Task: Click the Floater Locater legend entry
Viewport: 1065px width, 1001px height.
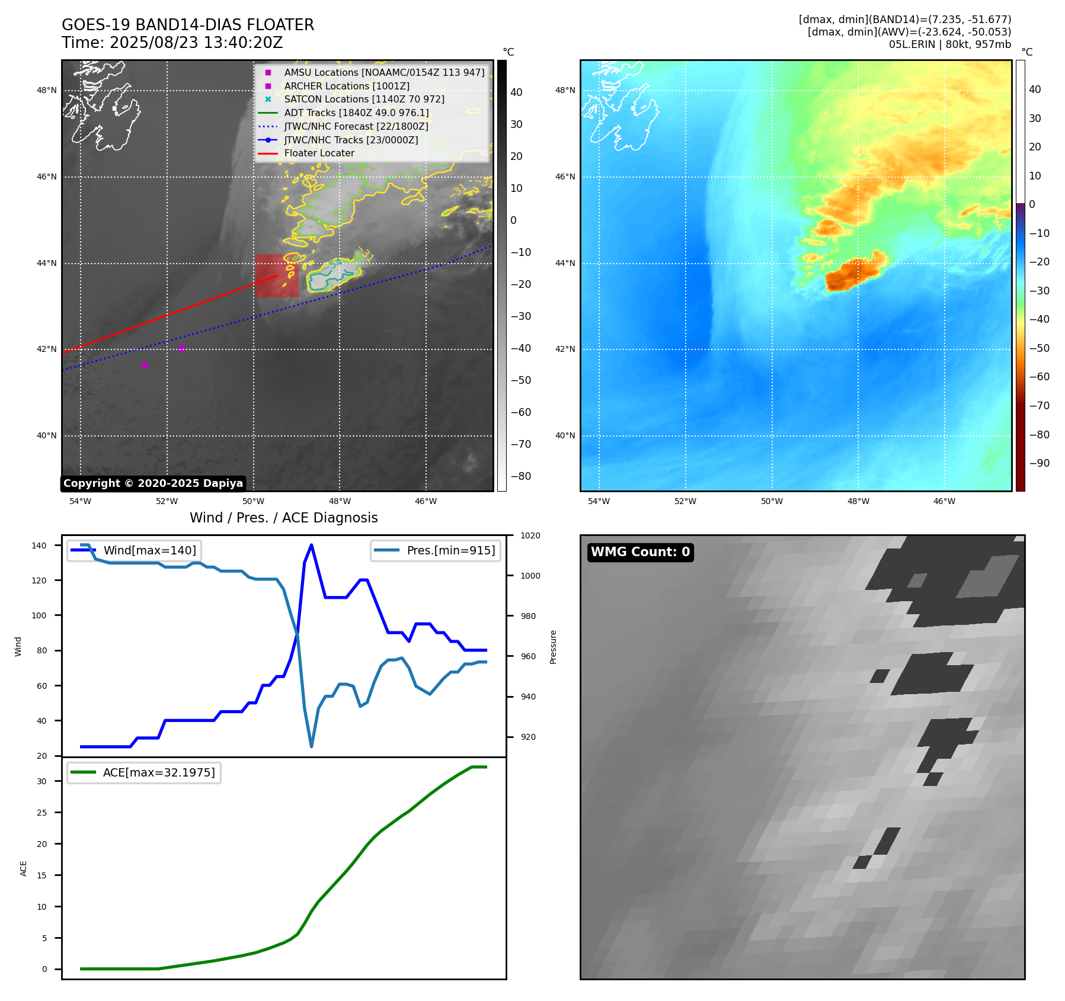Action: tap(319, 153)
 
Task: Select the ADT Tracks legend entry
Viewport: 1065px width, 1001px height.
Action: tap(356, 113)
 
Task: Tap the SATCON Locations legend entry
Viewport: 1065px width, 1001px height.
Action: tap(364, 100)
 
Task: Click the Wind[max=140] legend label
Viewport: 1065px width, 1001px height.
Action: tap(149, 550)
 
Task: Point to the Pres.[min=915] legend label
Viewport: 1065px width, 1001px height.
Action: tap(450, 550)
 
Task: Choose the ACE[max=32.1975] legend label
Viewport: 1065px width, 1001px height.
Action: tap(159, 772)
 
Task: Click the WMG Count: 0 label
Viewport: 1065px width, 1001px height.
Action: tap(640, 552)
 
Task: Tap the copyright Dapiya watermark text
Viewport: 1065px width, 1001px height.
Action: tap(153, 483)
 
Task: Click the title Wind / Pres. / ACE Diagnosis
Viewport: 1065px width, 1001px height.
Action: tap(283, 518)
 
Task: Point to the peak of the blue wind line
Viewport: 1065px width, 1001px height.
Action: tap(311, 545)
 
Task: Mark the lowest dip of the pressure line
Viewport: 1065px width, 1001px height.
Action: tap(311, 746)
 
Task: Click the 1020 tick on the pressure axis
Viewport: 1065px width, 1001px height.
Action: tap(530, 535)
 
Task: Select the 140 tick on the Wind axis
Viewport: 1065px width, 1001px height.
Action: tap(39, 546)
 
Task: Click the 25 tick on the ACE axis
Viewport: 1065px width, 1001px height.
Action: tap(41, 813)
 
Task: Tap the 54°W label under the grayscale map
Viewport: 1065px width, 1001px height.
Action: tap(81, 501)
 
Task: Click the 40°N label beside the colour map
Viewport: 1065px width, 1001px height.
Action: tap(565, 435)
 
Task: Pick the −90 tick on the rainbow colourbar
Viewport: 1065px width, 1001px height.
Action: tap(1039, 463)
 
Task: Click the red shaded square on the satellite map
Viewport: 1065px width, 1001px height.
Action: tap(277, 276)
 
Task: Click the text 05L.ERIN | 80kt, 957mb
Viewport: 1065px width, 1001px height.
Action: tap(949, 44)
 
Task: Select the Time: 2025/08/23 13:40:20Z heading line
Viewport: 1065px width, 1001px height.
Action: tap(172, 43)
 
